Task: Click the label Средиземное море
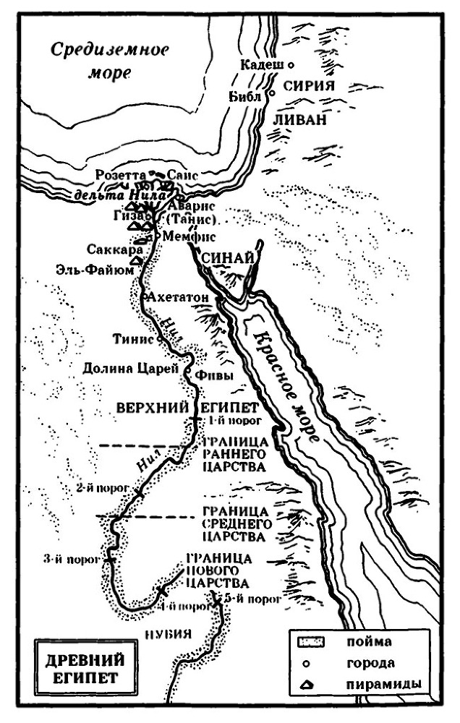tap(108, 61)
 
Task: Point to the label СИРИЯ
tap(310, 85)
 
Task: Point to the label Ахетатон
tap(177, 297)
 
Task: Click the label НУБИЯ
tap(168, 633)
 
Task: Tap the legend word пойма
tap(370, 641)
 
